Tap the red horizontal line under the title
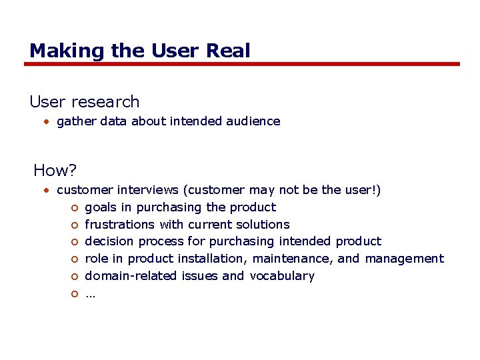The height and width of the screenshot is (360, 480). tap(242, 64)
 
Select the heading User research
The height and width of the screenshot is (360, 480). tap(85, 102)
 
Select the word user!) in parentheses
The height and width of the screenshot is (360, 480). tap(363, 191)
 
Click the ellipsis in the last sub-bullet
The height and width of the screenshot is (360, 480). tap(90, 294)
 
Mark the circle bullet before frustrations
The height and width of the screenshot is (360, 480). tap(75, 225)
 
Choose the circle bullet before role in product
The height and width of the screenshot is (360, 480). tap(75, 259)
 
